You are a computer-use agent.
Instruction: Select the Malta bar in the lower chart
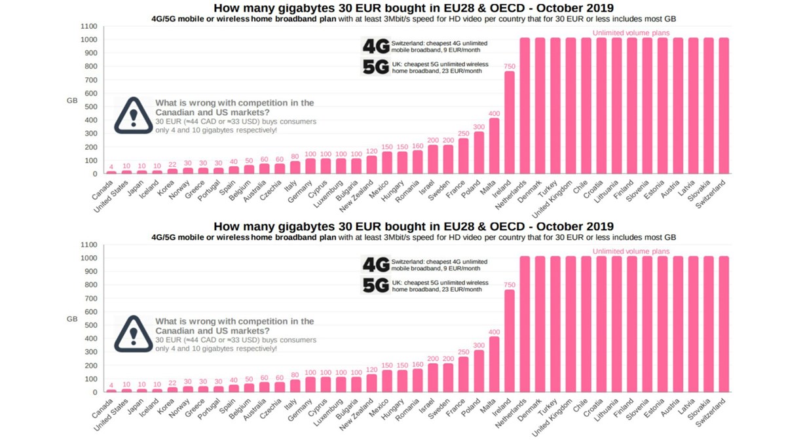[495, 364]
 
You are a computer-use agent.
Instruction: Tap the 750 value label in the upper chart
[509, 66]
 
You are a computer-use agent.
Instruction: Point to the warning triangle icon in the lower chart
[133, 333]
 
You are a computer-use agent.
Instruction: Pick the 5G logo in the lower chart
[376, 285]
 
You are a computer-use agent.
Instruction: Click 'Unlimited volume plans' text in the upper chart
[631, 33]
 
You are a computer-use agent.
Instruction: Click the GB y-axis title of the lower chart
[72, 319]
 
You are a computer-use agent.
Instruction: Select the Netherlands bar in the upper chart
[525, 105]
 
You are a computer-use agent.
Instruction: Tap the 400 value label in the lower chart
[494, 332]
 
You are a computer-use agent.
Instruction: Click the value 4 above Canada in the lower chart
[111, 385]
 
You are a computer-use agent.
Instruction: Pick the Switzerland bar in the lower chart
[724, 324]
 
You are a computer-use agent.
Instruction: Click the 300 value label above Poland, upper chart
[479, 127]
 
